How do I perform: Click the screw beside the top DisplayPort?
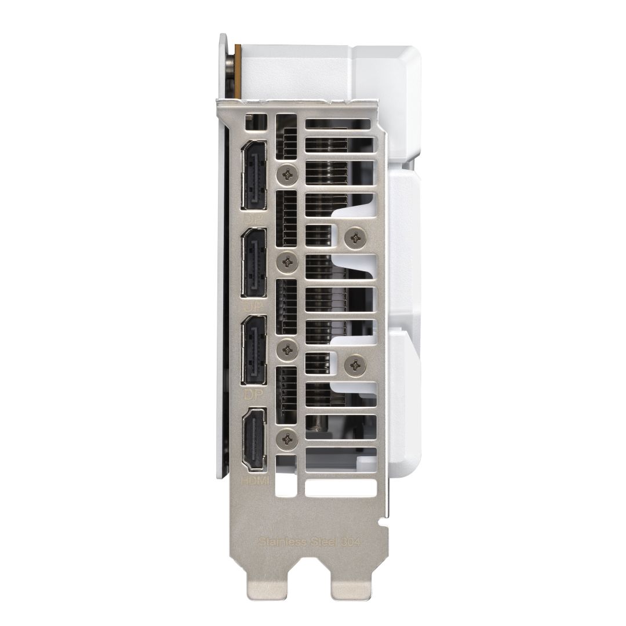[x=288, y=174]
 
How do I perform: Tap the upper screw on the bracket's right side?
[x=355, y=235]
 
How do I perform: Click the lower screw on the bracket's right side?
[x=355, y=365]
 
